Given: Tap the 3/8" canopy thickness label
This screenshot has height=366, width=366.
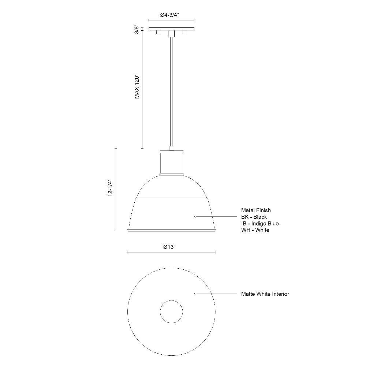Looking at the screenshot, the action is click(137, 30).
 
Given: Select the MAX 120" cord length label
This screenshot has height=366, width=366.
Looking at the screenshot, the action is click(137, 87).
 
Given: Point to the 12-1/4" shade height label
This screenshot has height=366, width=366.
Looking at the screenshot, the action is click(111, 188).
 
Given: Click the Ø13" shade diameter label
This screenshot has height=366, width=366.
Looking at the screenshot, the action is click(169, 247).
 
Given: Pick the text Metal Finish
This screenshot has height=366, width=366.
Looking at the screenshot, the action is click(256, 210).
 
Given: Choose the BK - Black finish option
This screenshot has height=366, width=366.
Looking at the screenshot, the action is click(254, 217).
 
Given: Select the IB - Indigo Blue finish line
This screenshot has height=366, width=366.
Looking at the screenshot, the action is click(260, 223).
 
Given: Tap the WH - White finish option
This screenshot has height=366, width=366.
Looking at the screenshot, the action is click(255, 230).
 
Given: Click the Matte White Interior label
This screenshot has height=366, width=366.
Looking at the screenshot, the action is click(265, 294).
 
